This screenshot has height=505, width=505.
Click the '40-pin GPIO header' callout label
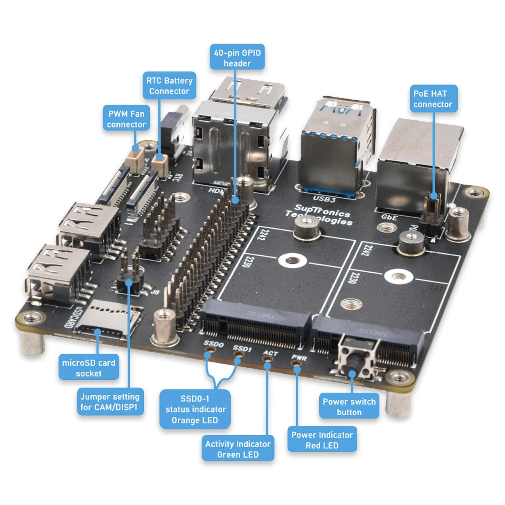pyautogui.click(x=237, y=58)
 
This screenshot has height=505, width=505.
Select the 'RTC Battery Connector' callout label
pyautogui.click(x=169, y=86)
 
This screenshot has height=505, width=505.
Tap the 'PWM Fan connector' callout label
pyautogui.click(x=126, y=119)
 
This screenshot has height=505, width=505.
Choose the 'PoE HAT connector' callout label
pyautogui.click(x=433, y=99)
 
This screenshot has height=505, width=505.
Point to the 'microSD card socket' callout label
pyautogui.click(x=89, y=368)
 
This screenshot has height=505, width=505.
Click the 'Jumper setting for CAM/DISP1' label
pyautogui.click(x=109, y=402)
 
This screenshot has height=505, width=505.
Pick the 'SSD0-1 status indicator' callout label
pyautogui.click(x=195, y=409)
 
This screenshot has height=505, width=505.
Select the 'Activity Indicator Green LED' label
pyautogui.click(x=238, y=449)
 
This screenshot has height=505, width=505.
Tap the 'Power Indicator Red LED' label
pyautogui.click(x=322, y=440)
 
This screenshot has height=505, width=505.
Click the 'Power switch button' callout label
pyautogui.click(x=349, y=406)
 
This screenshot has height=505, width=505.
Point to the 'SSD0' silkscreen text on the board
pyautogui.click(x=214, y=344)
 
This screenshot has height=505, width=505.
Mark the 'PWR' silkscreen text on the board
pyautogui.click(x=299, y=358)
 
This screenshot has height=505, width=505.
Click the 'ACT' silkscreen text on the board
pyautogui.click(x=270, y=353)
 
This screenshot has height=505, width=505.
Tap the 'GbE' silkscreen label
pyautogui.click(x=389, y=217)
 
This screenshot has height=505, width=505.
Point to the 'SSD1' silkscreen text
pyautogui.click(x=242, y=348)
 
